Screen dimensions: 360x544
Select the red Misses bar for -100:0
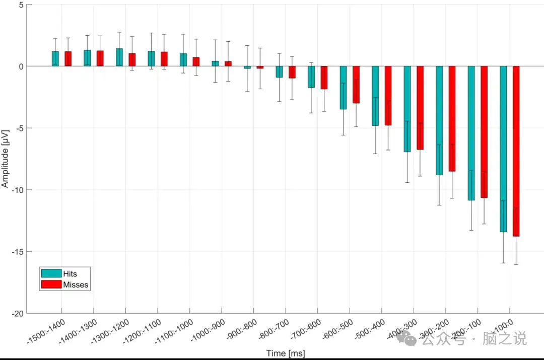point(516,151)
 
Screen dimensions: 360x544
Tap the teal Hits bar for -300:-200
point(439,121)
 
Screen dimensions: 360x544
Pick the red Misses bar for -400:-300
point(420,108)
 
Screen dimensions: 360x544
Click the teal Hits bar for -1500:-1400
point(55,58)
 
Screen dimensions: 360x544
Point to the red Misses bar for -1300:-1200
point(132,59)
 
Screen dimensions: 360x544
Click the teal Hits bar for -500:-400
point(375,96)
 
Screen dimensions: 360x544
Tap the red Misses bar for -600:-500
point(356,85)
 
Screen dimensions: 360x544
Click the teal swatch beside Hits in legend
point(51,273)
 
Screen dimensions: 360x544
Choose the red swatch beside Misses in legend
point(51,284)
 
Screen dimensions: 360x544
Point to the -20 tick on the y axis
point(18,313)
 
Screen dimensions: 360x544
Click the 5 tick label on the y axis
point(21,5)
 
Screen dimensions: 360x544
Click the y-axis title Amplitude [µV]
point(6,158)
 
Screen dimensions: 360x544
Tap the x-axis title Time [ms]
point(285,353)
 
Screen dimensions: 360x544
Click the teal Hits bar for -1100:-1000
point(183,60)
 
